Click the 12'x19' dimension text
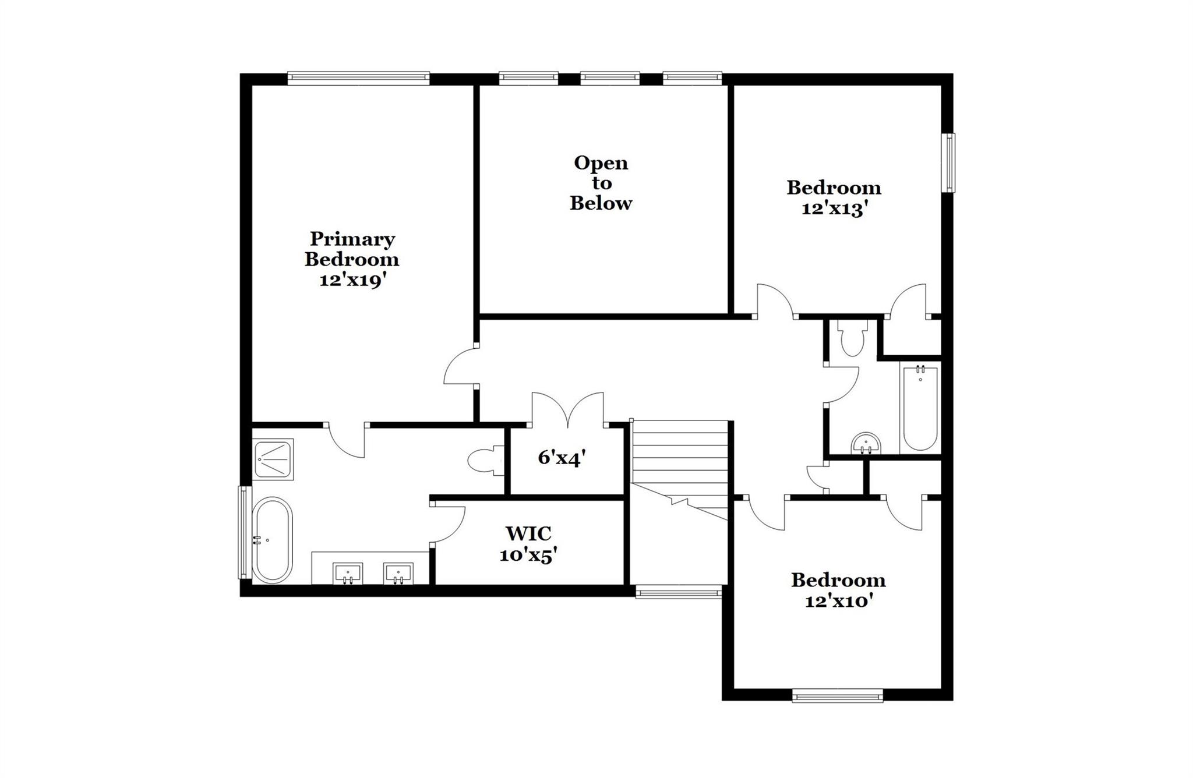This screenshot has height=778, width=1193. [353, 281]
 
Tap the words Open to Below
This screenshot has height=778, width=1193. [601, 183]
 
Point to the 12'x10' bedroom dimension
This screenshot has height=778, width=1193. [838, 601]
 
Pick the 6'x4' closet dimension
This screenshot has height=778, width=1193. [561, 458]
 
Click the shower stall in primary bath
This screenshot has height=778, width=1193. [273, 459]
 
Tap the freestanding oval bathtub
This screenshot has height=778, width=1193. [272, 540]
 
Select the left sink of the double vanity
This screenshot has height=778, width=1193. [348, 574]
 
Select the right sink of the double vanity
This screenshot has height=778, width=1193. [398, 574]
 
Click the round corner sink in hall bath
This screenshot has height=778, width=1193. [866, 444]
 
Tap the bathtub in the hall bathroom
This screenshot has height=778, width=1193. [920, 408]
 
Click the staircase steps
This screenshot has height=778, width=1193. [680, 454]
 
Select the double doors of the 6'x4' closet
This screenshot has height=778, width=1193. [567, 409]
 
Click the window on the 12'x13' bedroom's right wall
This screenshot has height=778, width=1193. [950, 163]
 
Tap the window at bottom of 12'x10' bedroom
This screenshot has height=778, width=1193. [838, 695]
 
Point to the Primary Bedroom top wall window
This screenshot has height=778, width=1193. [359, 79]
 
